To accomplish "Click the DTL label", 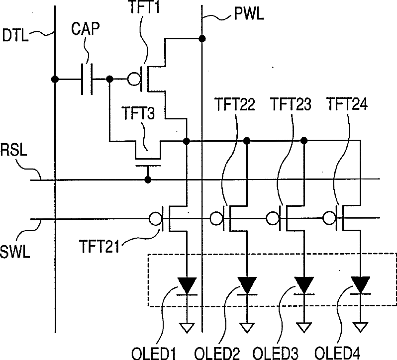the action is (15, 35).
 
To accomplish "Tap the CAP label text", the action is (86, 28).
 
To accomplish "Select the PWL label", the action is (249, 14).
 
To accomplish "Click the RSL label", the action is (13, 150).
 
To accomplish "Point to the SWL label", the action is (15, 252).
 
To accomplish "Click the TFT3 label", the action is (138, 113).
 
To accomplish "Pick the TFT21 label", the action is (99, 247).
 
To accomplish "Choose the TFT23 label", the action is (291, 104).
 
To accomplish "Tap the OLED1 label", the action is (153, 354).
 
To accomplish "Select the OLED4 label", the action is (337, 353).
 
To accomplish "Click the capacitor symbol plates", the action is (87, 79).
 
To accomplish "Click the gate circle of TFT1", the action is (134, 79).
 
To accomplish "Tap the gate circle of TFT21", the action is (155, 219).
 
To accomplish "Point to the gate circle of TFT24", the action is (329, 218).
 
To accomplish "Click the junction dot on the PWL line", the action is (202, 39).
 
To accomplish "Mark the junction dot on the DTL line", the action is (55, 79).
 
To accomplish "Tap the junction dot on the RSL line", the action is (148, 180).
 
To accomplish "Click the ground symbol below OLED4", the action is (360, 327).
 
